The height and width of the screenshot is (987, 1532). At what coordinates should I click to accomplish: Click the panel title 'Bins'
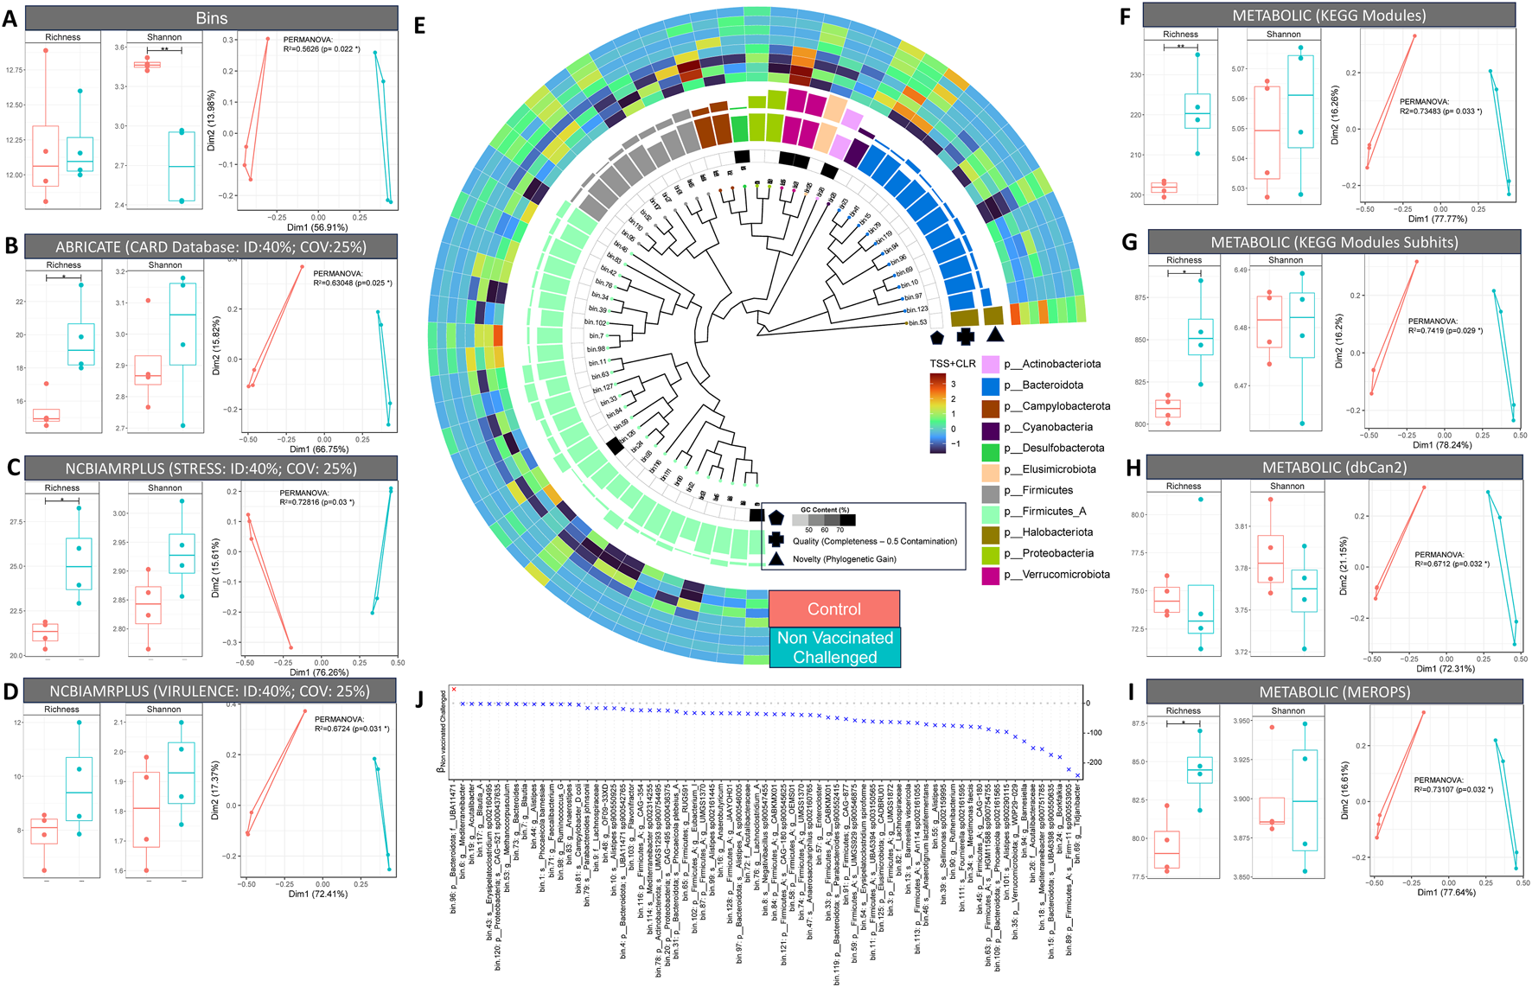point(211,18)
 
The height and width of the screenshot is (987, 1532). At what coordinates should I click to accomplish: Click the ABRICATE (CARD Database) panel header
point(211,246)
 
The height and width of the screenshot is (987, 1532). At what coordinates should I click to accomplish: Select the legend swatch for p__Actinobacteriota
point(991,365)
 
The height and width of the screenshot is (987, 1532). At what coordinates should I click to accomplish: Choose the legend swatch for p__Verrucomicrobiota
point(991,575)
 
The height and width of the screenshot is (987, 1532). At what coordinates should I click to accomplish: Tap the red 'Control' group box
point(833,609)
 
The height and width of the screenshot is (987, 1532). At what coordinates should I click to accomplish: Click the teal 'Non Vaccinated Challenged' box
point(833,647)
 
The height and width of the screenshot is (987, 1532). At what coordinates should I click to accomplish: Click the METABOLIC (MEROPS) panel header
point(1334,692)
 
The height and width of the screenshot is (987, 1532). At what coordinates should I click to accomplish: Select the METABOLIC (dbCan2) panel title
point(1334,468)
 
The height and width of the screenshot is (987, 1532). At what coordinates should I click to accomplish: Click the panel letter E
point(419,26)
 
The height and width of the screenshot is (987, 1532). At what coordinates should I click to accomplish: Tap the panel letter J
point(420,698)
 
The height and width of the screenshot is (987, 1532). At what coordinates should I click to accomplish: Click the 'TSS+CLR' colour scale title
point(953,364)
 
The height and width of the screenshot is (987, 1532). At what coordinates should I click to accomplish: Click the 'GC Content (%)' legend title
point(825,510)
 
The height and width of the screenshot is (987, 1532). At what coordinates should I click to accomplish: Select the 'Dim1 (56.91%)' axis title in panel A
point(317,228)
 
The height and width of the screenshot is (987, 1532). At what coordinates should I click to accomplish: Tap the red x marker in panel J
point(453,690)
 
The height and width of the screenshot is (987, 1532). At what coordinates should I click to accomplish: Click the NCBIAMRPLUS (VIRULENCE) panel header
point(209,691)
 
